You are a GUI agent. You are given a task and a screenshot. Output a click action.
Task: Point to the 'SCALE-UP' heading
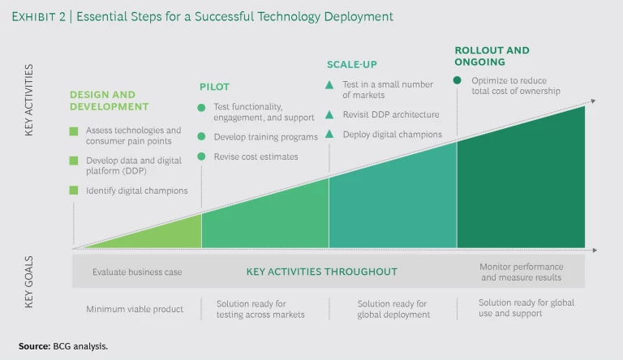(x=353, y=64)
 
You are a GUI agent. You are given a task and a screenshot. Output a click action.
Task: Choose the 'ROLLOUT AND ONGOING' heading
(x=491, y=56)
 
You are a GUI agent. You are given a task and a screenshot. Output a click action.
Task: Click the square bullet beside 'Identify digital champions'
(x=74, y=191)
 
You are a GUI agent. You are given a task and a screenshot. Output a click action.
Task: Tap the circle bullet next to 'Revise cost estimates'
(x=202, y=156)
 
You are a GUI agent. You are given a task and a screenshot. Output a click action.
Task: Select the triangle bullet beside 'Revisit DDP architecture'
(x=329, y=114)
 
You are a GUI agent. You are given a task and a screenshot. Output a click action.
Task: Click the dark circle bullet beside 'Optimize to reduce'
(x=458, y=80)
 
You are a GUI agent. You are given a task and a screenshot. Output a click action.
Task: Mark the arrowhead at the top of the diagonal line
(x=594, y=101)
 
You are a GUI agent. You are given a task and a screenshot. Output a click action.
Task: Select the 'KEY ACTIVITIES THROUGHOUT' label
(x=321, y=272)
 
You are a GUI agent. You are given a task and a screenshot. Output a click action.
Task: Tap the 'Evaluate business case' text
(x=137, y=272)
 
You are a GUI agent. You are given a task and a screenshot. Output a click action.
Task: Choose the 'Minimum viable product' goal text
(x=135, y=309)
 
